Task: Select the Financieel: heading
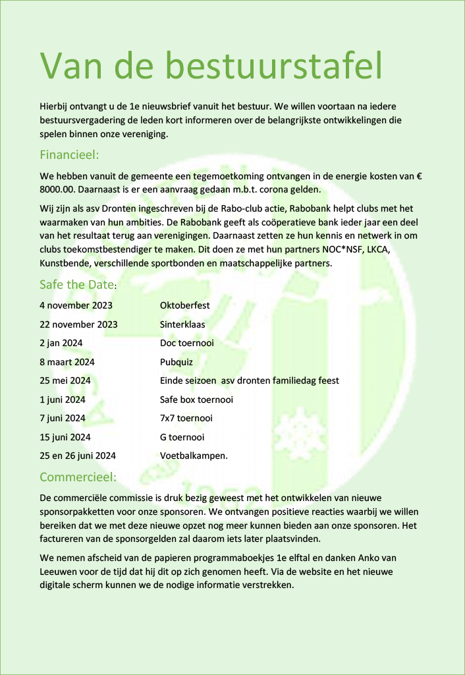(69, 156)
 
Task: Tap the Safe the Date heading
(76, 285)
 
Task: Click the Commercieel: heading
(78, 477)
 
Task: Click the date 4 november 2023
(76, 305)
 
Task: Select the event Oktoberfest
(185, 305)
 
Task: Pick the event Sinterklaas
(182, 324)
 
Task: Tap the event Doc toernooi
(187, 343)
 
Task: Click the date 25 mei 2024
(65, 380)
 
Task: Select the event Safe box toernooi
(196, 399)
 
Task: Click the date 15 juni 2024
(65, 437)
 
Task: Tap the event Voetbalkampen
(194, 455)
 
